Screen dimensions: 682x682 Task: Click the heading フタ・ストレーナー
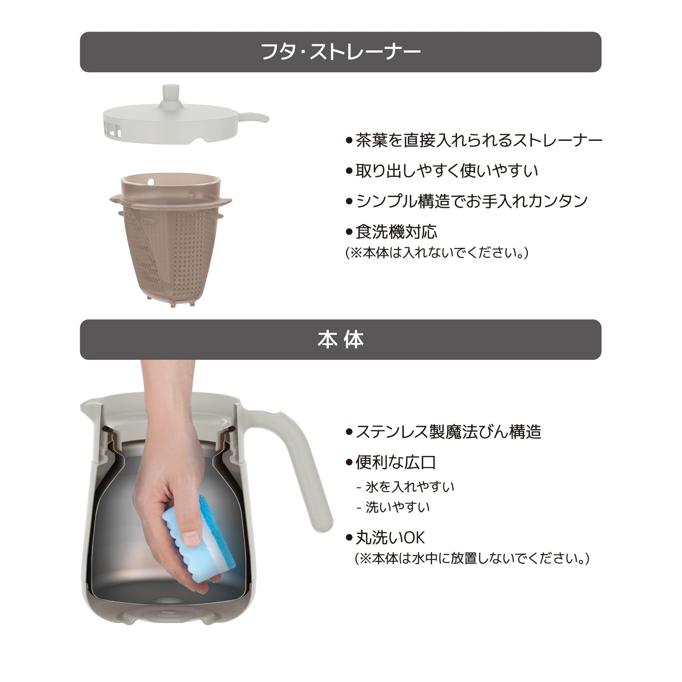click(x=341, y=52)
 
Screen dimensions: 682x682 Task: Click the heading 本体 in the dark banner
click(x=341, y=340)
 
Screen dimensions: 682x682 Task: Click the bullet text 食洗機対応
click(x=396, y=232)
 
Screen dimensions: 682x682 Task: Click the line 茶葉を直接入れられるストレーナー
click(x=479, y=141)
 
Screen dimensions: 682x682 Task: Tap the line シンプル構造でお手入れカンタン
click(x=472, y=201)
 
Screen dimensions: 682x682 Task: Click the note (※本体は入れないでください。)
click(x=437, y=253)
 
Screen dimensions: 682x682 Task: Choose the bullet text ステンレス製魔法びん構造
click(x=448, y=432)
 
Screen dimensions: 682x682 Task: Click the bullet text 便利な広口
click(x=396, y=462)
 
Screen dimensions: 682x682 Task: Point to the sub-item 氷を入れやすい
click(x=409, y=487)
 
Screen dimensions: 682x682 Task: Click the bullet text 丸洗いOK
click(x=390, y=538)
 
